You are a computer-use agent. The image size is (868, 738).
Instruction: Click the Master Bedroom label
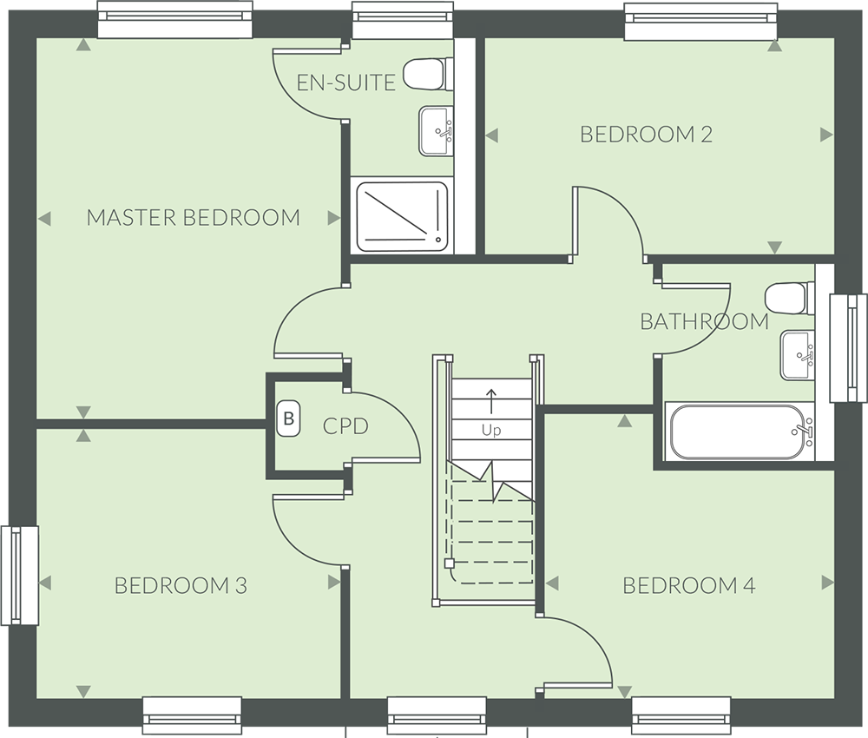coord(194,218)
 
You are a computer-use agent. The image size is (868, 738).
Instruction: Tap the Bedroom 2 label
coord(646,134)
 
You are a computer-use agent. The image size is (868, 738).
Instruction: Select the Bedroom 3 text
coord(181,585)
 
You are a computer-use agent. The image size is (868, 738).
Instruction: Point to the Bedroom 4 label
coord(688,585)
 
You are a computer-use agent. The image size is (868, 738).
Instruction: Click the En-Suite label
coord(346,82)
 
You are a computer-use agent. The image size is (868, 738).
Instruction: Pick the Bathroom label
coord(704,321)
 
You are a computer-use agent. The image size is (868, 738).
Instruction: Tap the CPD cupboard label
coord(345,426)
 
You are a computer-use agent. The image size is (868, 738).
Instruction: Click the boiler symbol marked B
coord(288,418)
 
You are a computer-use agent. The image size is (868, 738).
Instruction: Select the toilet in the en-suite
coord(427,74)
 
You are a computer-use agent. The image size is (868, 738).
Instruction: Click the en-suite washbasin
coord(437,131)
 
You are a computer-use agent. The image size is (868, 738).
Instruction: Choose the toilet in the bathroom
coord(790,298)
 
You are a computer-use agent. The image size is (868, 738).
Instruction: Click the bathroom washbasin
coord(798,355)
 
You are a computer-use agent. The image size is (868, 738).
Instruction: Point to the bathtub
coord(740,432)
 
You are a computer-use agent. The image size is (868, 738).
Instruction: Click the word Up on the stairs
coord(491,430)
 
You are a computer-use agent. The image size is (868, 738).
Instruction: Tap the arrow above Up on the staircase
coord(491,401)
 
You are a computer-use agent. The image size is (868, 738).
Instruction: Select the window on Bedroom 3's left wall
coord(19,576)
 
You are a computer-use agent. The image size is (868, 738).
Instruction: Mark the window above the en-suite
coord(403,20)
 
